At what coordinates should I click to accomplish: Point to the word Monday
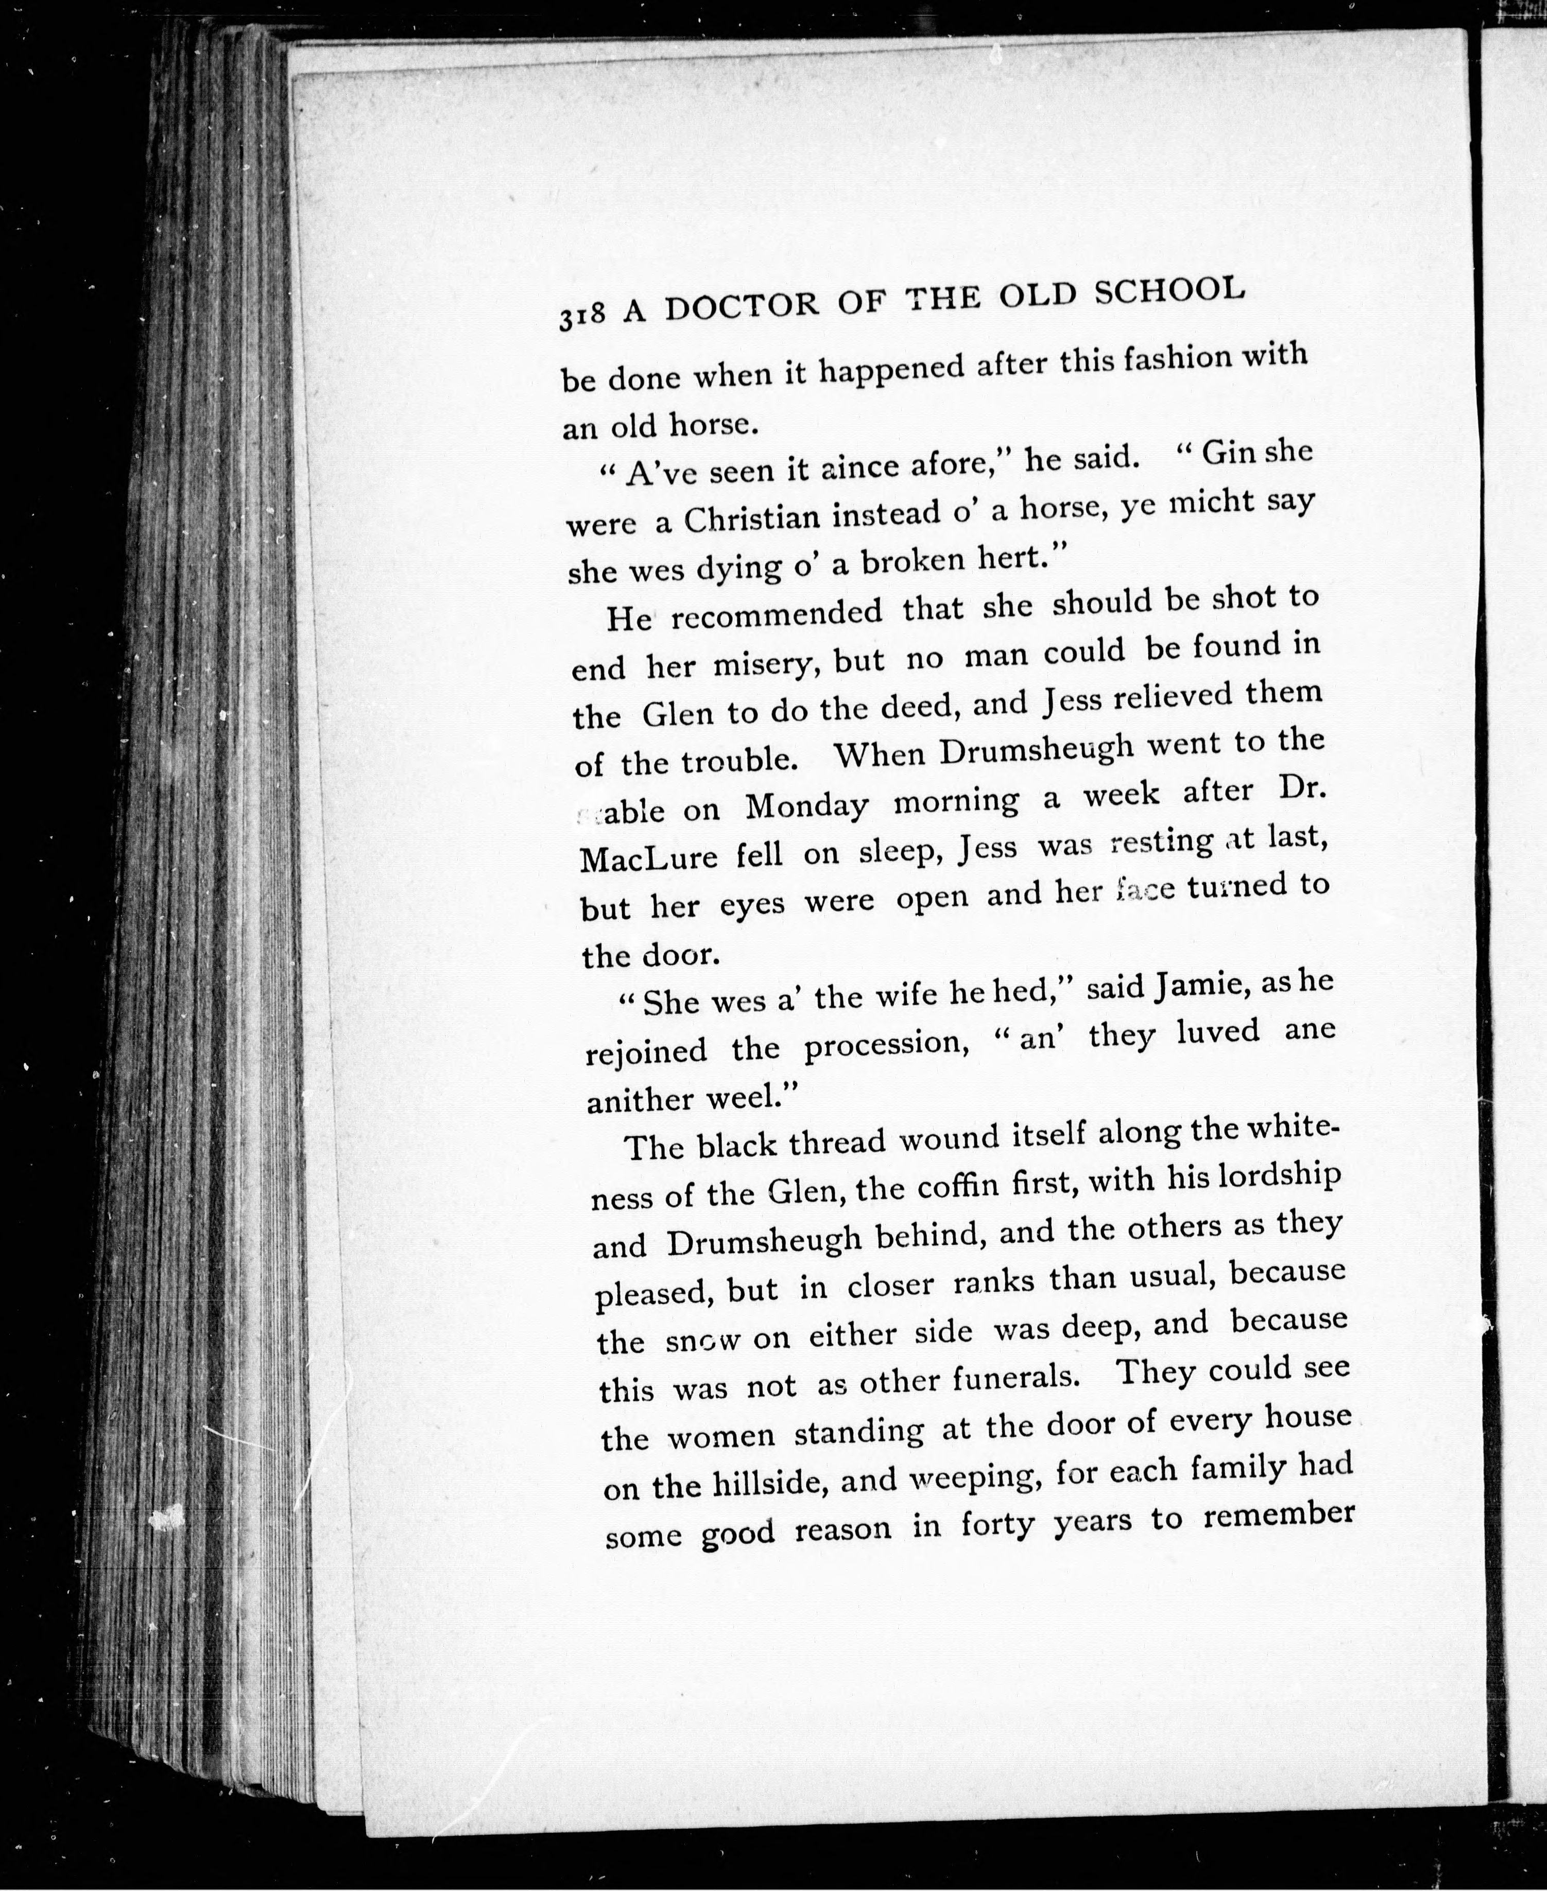pyautogui.click(x=806, y=805)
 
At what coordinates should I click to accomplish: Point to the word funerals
pyautogui.click(x=1016, y=1380)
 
